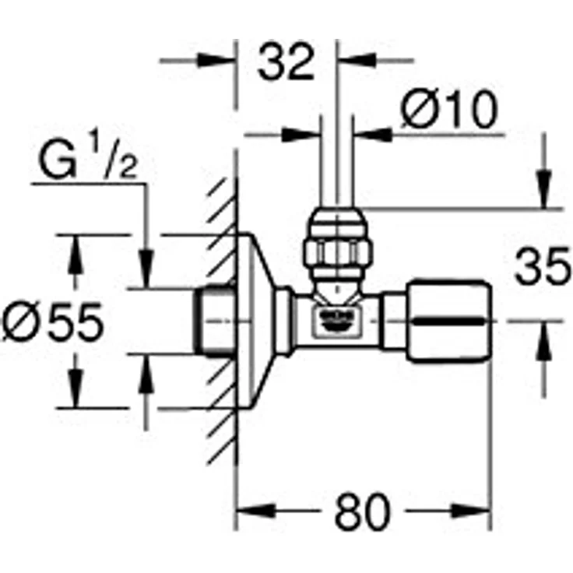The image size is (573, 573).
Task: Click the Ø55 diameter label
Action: pos(52,322)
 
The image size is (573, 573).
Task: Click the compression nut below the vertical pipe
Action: pos(336,248)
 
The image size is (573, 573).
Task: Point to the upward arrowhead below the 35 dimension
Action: pos(543,335)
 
